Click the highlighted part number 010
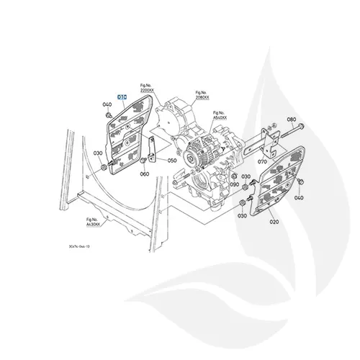122,96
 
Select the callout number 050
172,161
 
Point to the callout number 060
145,174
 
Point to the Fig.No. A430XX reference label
93,222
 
